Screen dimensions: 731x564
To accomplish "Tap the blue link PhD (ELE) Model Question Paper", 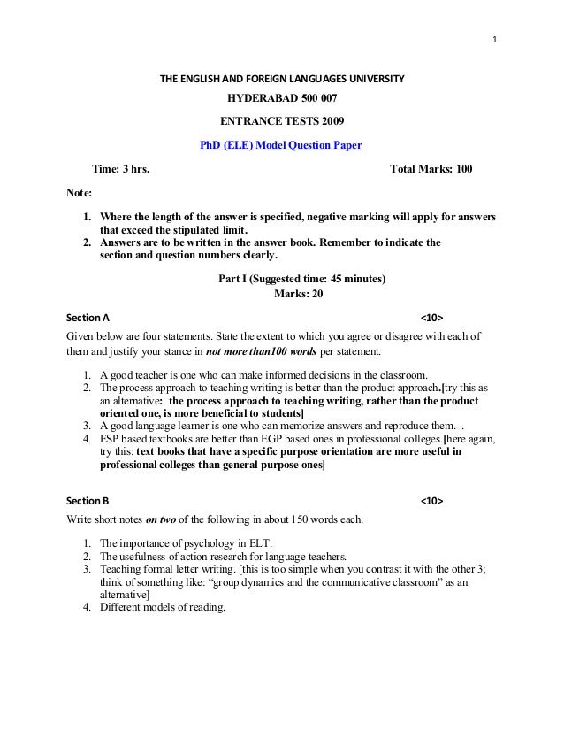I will click(282, 145).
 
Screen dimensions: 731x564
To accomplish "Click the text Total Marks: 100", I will click(431, 169).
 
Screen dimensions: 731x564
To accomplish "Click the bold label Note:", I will click(80, 193).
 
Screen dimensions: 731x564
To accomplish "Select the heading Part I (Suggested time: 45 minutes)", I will click(301, 279).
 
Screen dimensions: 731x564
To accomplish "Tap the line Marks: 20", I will click(301, 294).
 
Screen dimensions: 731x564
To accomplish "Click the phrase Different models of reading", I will click(163, 608).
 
